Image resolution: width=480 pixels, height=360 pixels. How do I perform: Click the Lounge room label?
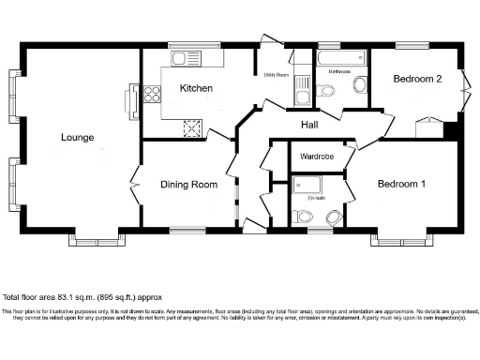77,138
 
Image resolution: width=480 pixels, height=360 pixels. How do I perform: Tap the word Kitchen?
196,89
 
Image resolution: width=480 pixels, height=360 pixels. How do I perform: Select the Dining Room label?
188,185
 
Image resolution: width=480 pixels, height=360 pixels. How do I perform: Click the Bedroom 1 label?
401,184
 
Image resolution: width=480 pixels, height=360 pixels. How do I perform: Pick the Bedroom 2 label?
417,80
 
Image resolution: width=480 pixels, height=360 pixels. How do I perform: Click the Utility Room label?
276,74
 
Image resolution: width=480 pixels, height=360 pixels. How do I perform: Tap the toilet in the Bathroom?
359,85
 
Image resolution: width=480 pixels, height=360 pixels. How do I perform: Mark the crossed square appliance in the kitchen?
192,128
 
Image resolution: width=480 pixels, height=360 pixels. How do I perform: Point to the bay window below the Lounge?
97,240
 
